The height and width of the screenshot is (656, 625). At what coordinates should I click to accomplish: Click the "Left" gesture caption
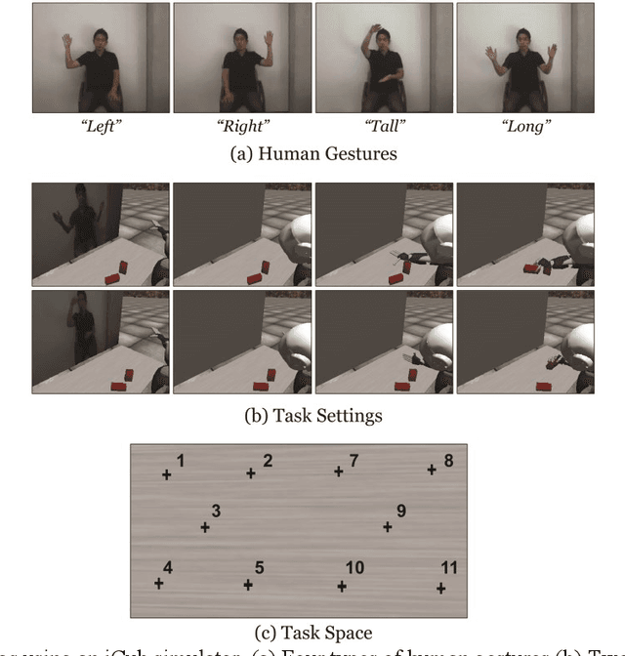[100, 125]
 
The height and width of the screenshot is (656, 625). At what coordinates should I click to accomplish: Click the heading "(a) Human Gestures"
[312, 152]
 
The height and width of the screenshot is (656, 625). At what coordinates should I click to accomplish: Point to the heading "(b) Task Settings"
[312, 415]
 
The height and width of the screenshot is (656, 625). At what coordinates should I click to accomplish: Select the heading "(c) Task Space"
[312, 633]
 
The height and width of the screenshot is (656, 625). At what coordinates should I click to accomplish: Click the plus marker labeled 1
[166, 474]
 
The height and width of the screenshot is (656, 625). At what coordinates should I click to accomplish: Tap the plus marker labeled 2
[251, 473]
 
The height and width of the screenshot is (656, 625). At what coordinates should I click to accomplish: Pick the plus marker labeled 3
[205, 527]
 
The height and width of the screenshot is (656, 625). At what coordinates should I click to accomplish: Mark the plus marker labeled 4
[159, 583]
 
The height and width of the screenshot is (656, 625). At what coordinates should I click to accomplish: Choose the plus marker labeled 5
[248, 585]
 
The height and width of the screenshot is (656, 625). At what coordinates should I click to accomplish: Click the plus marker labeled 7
[339, 471]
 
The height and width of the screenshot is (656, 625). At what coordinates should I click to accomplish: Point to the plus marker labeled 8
[432, 470]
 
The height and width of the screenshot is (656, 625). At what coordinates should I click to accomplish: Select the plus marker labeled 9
[388, 526]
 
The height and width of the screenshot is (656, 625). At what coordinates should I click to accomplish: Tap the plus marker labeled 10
[342, 586]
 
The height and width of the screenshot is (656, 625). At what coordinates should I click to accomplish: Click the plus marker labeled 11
[441, 588]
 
